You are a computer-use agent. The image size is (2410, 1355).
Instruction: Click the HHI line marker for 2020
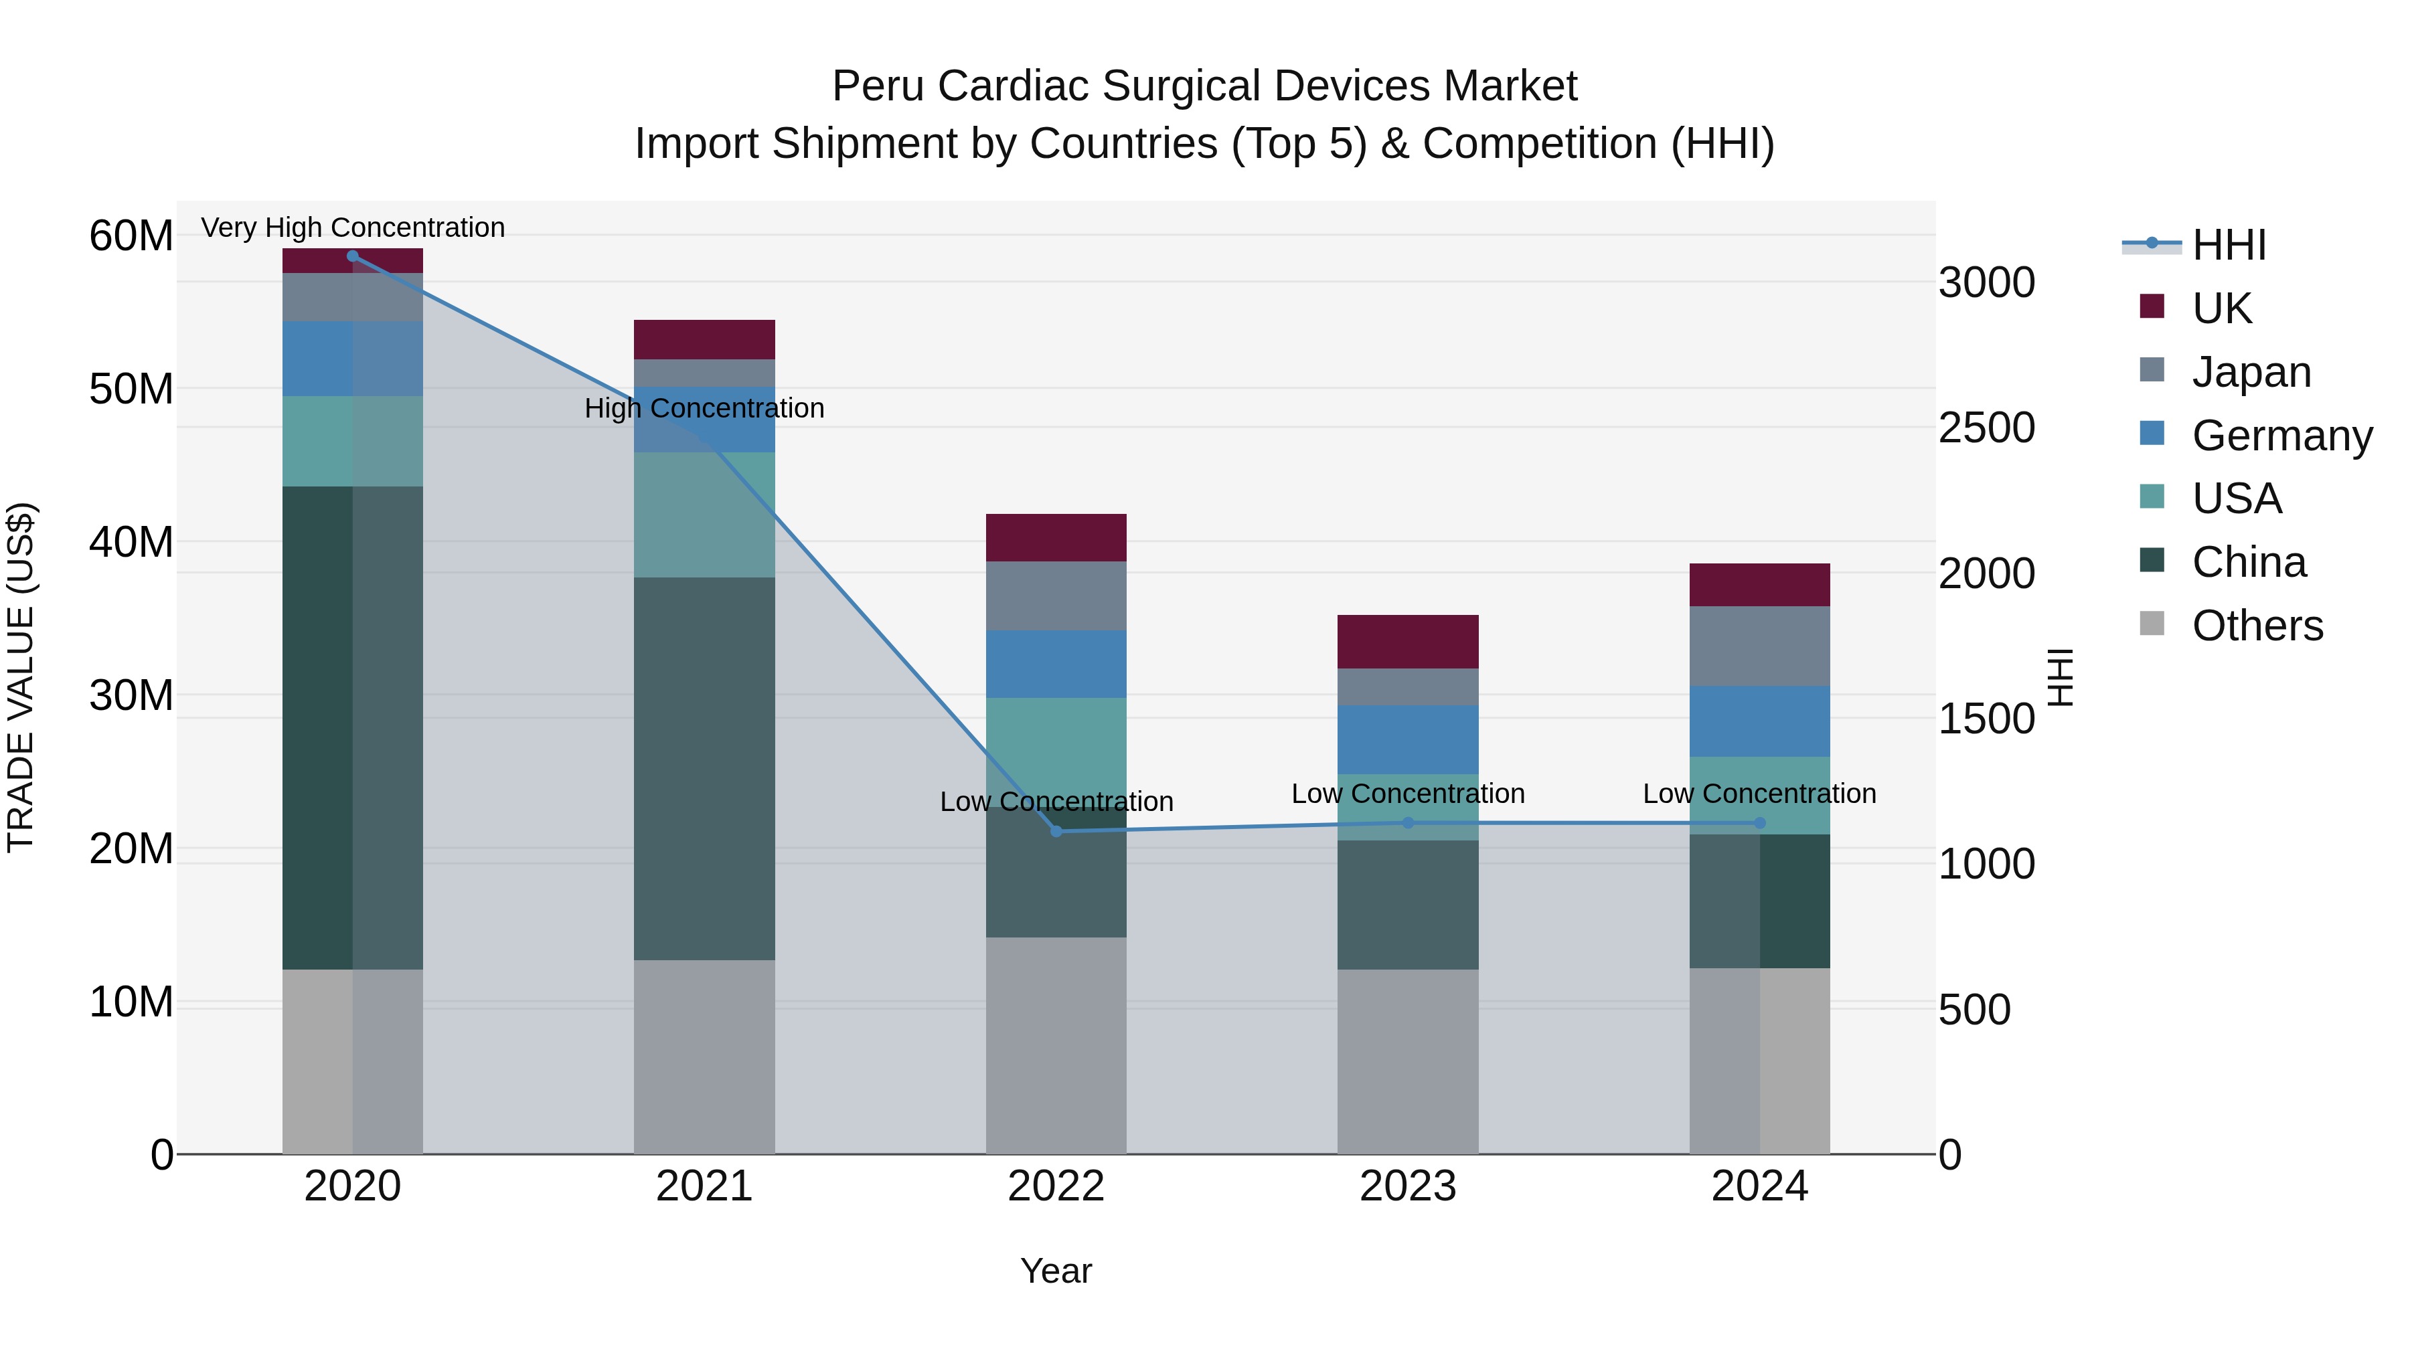353,256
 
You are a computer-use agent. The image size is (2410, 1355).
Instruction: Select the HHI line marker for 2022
1056,831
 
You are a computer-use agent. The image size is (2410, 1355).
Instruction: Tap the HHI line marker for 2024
1760,823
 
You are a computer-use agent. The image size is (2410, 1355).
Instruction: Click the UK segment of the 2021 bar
704,339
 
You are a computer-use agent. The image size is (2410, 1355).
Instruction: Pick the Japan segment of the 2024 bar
1760,646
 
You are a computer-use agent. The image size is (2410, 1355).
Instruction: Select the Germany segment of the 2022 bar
1056,664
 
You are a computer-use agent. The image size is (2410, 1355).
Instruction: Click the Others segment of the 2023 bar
1408,1061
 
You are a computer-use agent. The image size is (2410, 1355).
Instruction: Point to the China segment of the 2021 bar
704,769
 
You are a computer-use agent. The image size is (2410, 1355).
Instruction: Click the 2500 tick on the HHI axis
1986,428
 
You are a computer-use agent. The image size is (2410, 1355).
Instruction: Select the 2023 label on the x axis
1408,1186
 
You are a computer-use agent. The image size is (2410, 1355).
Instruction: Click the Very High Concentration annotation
353,228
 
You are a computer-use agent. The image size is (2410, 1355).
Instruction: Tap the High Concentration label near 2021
704,409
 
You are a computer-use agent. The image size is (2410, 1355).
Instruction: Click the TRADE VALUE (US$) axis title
21,677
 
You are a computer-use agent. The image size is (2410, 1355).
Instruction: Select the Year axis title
1056,1271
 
